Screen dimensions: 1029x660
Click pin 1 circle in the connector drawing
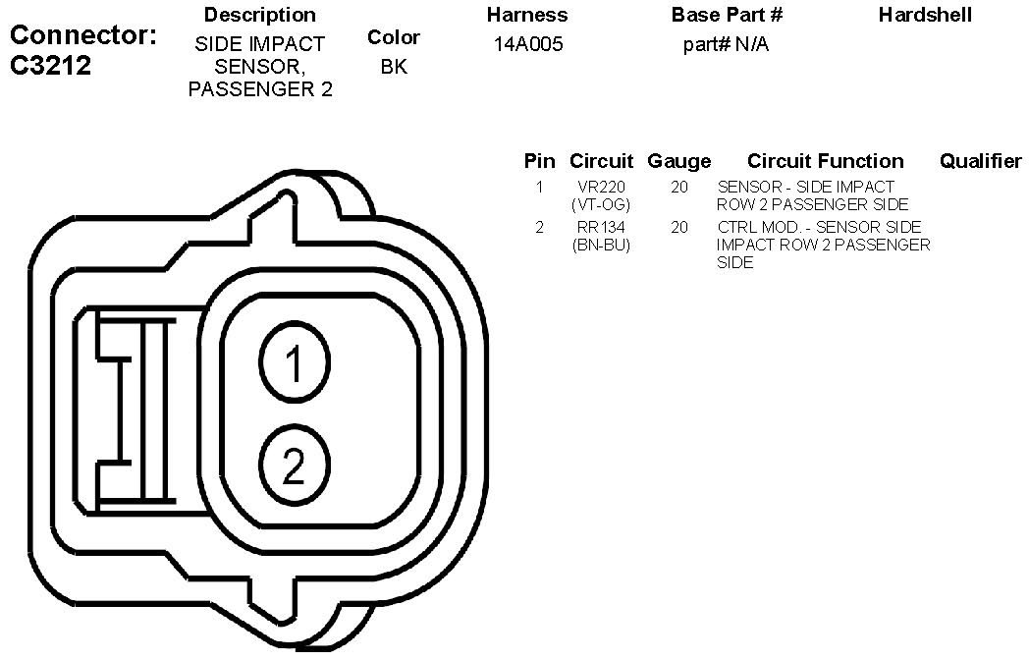pos(295,362)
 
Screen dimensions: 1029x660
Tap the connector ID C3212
pos(50,66)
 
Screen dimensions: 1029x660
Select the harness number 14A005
pos(528,44)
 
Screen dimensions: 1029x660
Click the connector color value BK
pos(394,67)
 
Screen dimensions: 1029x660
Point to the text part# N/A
pos(726,44)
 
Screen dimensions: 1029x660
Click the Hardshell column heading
pos(925,15)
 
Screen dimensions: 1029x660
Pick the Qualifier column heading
pos(981,161)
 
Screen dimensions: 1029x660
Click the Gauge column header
pos(679,161)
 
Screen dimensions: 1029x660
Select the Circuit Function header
pos(826,161)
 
